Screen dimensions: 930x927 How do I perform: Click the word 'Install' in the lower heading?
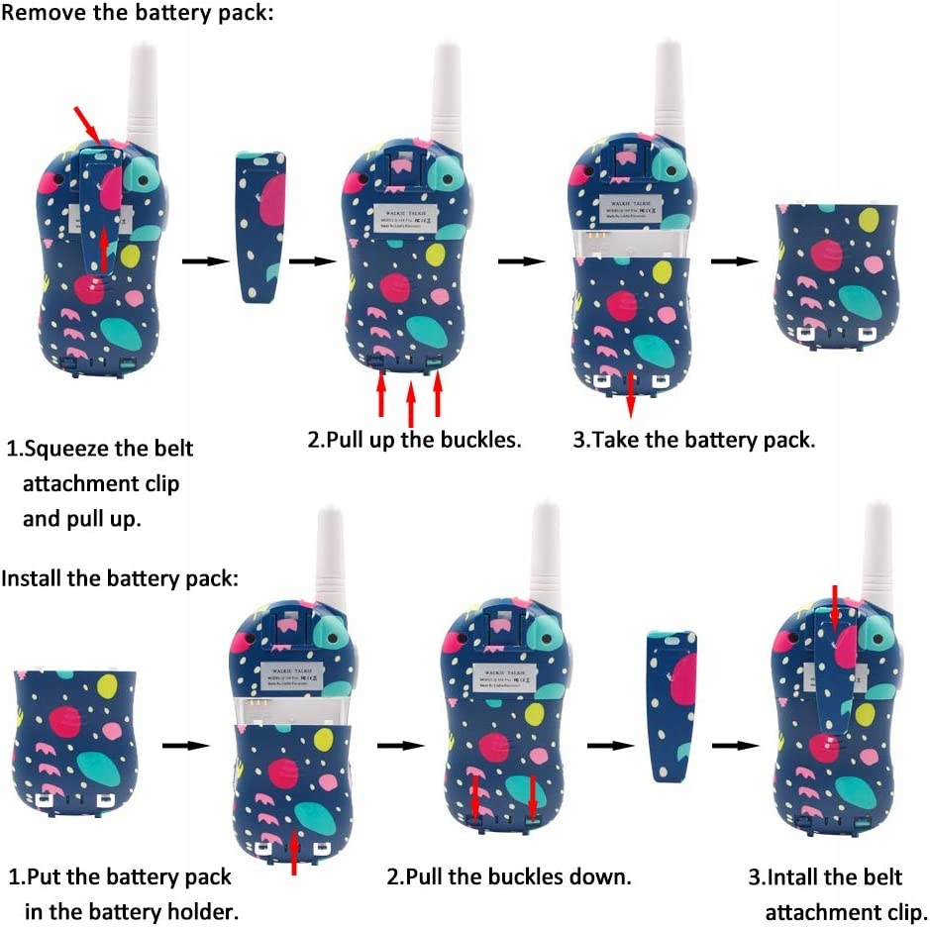pos(32,578)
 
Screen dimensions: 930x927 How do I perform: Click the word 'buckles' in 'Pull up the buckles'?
pos(478,440)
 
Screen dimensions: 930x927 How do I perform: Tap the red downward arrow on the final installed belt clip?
pos(835,607)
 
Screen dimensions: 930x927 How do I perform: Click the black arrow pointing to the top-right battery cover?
pos(735,261)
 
